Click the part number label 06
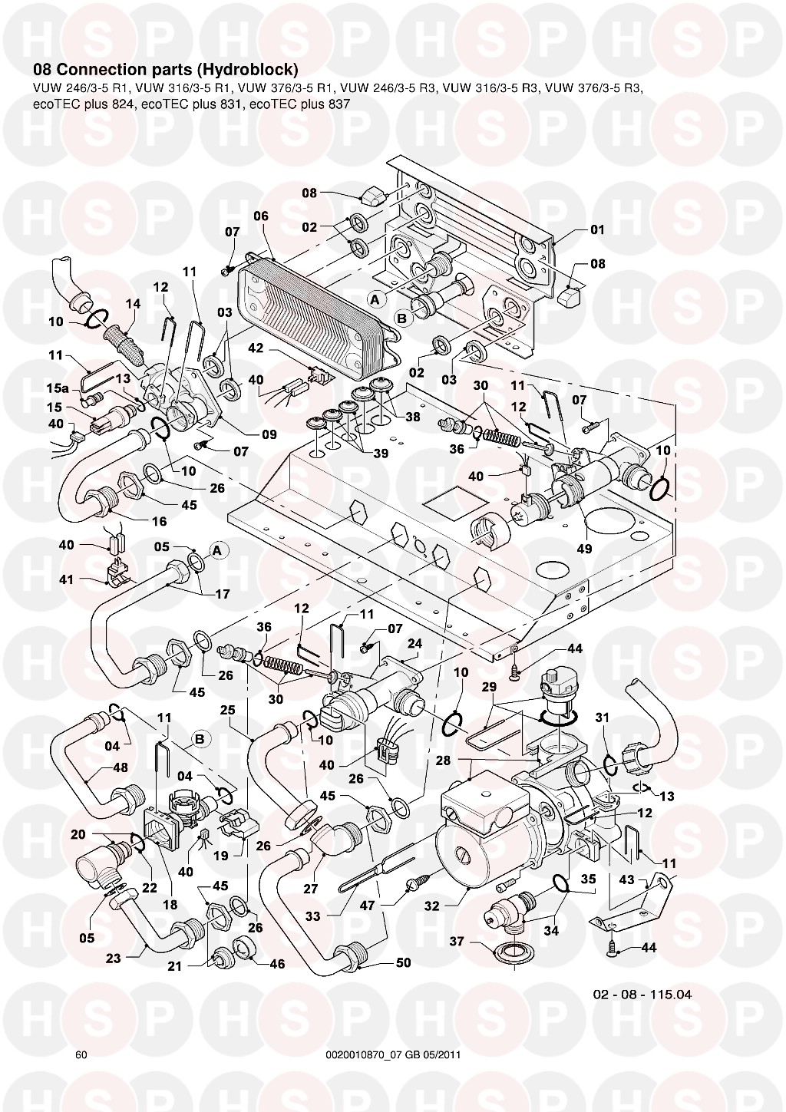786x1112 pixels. pyautogui.click(x=261, y=216)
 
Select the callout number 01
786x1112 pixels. pyautogui.click(x=597, y=229)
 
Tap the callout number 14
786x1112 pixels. pyautogui.click(x=133, y=304)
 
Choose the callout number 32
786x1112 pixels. pyautogui.click(x=431, y=906)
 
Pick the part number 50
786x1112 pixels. pyautogui.click(x=402, y=962)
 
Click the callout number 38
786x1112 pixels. pyautogui.click(x=414, y=419)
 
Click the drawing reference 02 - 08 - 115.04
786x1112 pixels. pyautogui.click(x=642, y=994)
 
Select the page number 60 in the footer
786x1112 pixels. pyautogui.click(x=81, y=1054)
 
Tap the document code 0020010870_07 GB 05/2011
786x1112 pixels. pyautogui.click(x=392, y=1054)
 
